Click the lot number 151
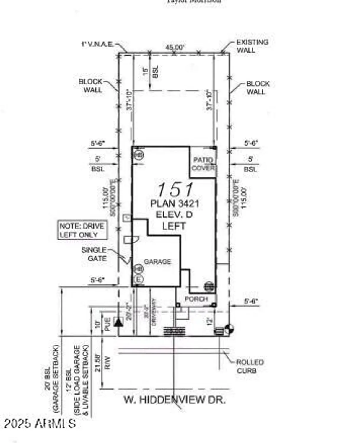pyautogui.click(x=175, y=189)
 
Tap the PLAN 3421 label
pyautogui.click(x=175, y=203)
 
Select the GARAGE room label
pyautogui.click(x=157, y=262)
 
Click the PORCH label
pyautogui.click(x=196, y=299)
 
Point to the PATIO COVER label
pyautogui.click(x=203, y=164)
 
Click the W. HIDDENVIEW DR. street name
pyautogui.click(x=175, y=400)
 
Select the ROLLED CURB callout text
pyautogui.click(x=250, y=366)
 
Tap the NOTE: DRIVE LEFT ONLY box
pyautogui.click(x=82, y=230)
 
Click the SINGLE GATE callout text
pyautogui.click(x=94, y=254)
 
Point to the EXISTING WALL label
pyautogui.click(x=252, y=46)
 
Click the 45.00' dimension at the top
pyautogui.click(x=175, y=47)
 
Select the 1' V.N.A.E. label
pyautogui.click(x=97, y=44)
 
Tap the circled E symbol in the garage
pyautogui.click(x=138, y=279)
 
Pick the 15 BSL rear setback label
pyautogui.click(x=150, y=71)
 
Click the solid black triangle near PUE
pyautogui.click(x=118, y=322)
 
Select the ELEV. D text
pyautogui.click(x=174, y=215)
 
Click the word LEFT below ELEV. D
pyautogui.click(x=174, y=226)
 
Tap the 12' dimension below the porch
pyautogui.click(x=210, y=321)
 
